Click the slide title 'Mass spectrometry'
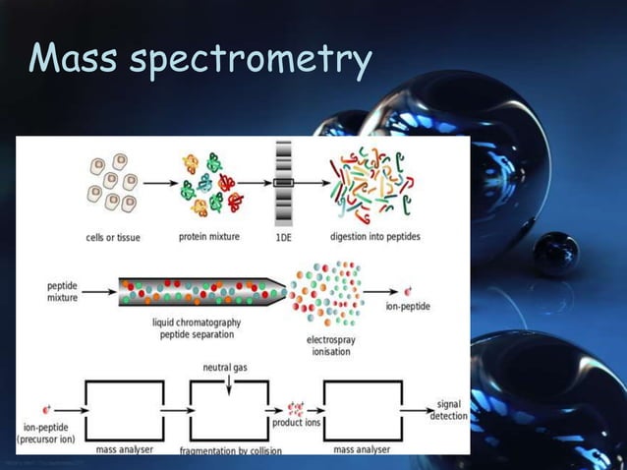coord(200,60)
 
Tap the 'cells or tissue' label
coord(112,236)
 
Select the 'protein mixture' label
coord(209,236)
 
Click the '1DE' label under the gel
coord(284,236)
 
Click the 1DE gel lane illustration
coord(284,183)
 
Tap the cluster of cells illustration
coord(112,183)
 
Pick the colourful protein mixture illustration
coord(208,183)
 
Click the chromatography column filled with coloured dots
coord(201,291)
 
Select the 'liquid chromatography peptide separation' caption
coord(197,327)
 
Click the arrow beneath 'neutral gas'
coord(226,385)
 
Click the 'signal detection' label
coord(449,409)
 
